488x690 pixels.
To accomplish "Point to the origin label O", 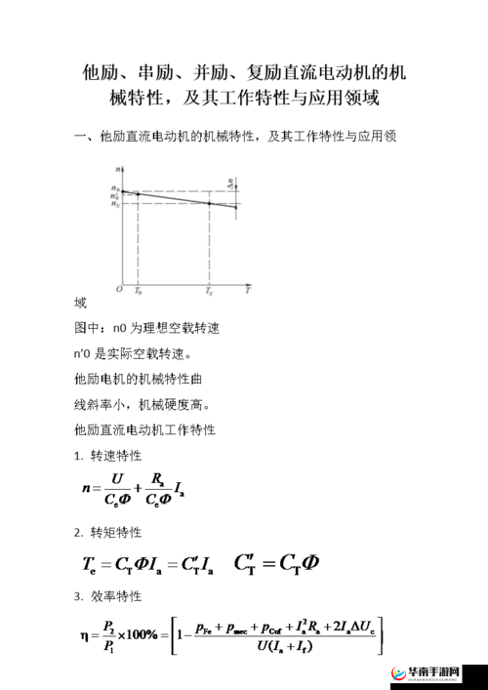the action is click(x=118, y=290).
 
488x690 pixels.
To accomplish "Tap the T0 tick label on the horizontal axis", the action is click(x=138, y=292).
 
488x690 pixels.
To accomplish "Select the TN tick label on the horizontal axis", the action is click(x=209, y=292).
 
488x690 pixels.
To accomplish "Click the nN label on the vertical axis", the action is click(x=115, y=205).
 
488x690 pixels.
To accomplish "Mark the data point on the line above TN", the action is click(x=210, y=203).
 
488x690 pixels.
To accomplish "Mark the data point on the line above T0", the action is click(x=138, y=194).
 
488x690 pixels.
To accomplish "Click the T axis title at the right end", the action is click(x=247, y=291).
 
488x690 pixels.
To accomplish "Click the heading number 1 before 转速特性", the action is click(x=77, y=456).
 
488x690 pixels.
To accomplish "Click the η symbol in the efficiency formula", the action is click(x=86, y=634).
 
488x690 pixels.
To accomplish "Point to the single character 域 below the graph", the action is click(x=80, y=303).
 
